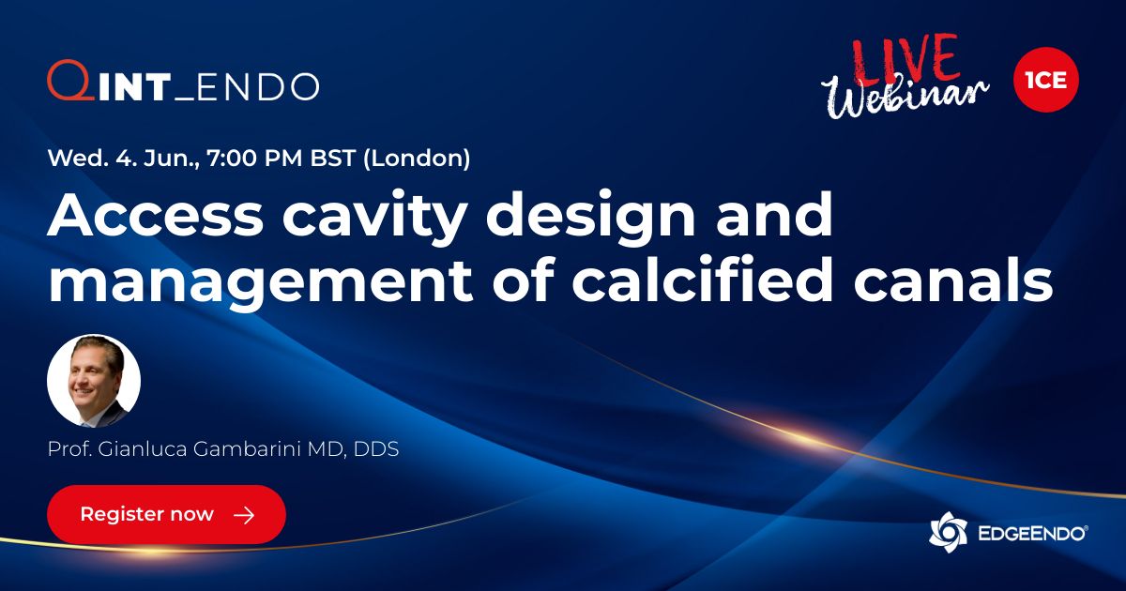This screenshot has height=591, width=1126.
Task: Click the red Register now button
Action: pyautogui.click(x=166, y=514)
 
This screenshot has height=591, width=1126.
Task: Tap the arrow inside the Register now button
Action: pyautogui.click(x=244, y=515)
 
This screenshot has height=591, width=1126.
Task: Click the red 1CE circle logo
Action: pyautogui.click(x=1046, y=80)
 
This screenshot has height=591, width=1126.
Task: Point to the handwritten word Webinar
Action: pyautogui.click(x=905, y=94)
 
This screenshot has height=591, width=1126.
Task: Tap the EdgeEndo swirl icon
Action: pyautogui.click(x=948, y=533)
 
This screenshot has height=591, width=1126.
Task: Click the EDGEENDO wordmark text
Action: pyautogui.click(x=1030, y=533)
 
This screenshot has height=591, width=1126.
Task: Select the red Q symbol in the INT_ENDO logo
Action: pyautogui.click(x=67, y=82)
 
